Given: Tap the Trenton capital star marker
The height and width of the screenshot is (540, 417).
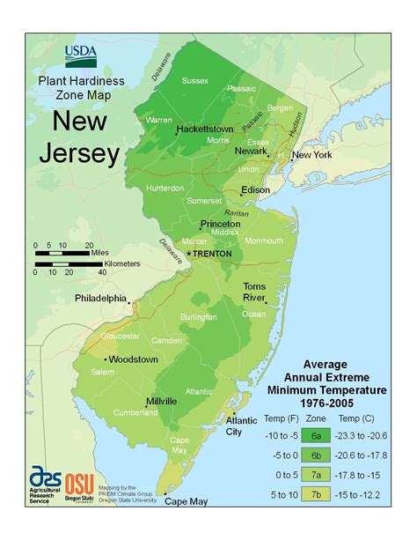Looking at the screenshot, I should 188,254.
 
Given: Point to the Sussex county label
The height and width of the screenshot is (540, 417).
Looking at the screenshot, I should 195,81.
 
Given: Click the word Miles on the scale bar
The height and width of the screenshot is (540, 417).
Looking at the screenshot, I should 102,253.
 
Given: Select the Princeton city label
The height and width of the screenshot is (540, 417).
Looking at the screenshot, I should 220,225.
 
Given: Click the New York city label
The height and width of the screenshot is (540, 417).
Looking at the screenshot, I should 313,155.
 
